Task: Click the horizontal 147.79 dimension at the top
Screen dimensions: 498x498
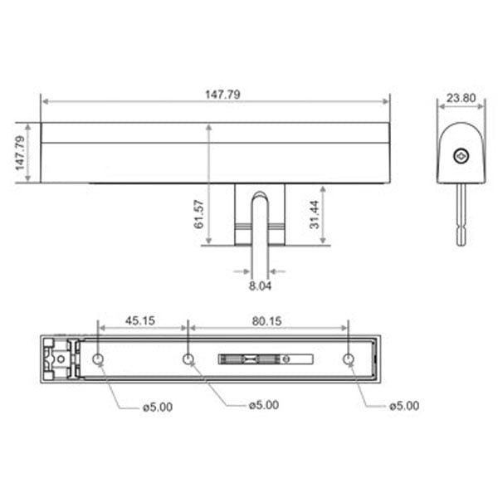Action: [x=222, y=95]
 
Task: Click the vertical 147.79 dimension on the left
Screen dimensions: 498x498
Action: [x=20, y=153]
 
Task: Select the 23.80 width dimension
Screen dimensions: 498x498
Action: [x=461, y=97]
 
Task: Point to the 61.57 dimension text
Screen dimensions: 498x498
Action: [x=199, y=214]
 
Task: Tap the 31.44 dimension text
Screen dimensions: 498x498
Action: [x=315, y=214]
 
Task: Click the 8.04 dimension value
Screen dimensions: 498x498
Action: [x=260, y=286]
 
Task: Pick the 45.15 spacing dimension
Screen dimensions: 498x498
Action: [x=140, y=320]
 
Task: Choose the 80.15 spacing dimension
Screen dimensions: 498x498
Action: [x=266, y=321]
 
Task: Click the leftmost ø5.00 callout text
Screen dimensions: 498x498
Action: [x=158, y=407]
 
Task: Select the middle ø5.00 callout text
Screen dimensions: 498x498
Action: [x=264, y=405]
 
